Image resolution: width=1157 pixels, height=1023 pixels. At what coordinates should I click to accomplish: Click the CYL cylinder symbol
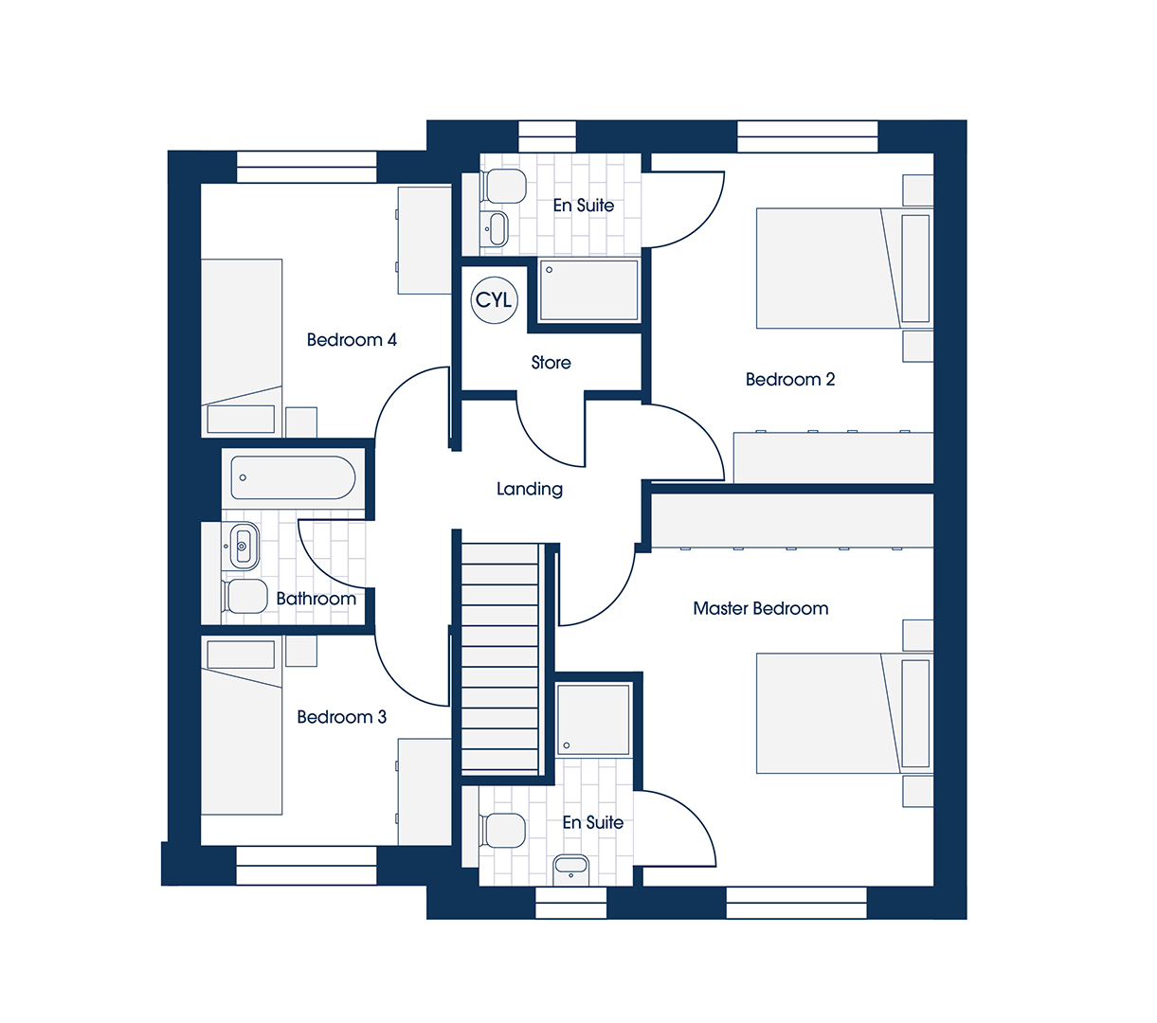click(x=494, y=300)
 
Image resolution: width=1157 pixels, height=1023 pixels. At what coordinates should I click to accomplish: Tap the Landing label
click(x=530, y=489)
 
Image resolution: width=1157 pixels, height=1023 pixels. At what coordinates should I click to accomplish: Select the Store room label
click(x=551, y=363)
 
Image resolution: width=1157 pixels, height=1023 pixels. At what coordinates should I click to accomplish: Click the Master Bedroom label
click(x=760, y=608)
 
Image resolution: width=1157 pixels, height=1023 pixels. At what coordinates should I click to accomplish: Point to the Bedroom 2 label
click(x=789, y=380)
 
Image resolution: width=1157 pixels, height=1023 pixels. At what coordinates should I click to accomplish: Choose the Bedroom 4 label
click(x=352, y=340)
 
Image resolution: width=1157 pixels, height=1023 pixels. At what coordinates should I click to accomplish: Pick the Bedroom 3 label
click(x=341, y=717)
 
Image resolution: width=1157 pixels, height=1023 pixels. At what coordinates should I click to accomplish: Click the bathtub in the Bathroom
click(x=293, y=477)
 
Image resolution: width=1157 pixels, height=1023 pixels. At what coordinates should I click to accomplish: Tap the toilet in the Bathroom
click(x=244, y=597)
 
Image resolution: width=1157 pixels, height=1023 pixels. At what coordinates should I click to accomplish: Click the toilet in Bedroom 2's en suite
click(x=503, y=186)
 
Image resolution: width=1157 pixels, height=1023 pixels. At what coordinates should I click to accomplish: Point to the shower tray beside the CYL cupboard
click(x=588, y=290)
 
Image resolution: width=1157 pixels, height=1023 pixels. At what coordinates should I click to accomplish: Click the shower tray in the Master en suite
click(x=593, y=720)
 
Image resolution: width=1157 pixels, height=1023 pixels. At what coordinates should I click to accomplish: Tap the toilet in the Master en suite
click(x=502, y=831)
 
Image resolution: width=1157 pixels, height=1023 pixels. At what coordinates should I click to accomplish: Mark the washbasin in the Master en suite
click(x=570, y=870)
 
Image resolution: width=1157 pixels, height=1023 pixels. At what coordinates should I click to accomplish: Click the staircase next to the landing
click(x=499, y=658)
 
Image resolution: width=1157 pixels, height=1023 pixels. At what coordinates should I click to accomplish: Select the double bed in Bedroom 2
click(x=844, y=268)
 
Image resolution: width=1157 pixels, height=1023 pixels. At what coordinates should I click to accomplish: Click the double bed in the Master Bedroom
click(x=844, y=713)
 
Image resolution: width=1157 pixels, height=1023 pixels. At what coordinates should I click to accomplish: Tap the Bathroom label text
click(x=316, y=599)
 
